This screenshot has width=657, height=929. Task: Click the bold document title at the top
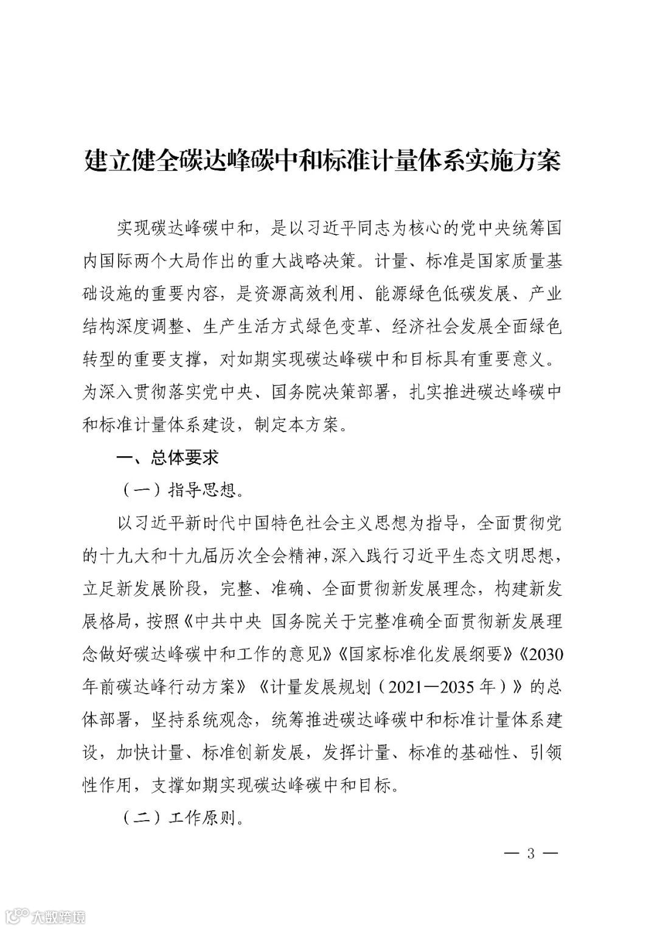[322, 162]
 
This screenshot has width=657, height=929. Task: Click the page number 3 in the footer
[530, 853]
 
